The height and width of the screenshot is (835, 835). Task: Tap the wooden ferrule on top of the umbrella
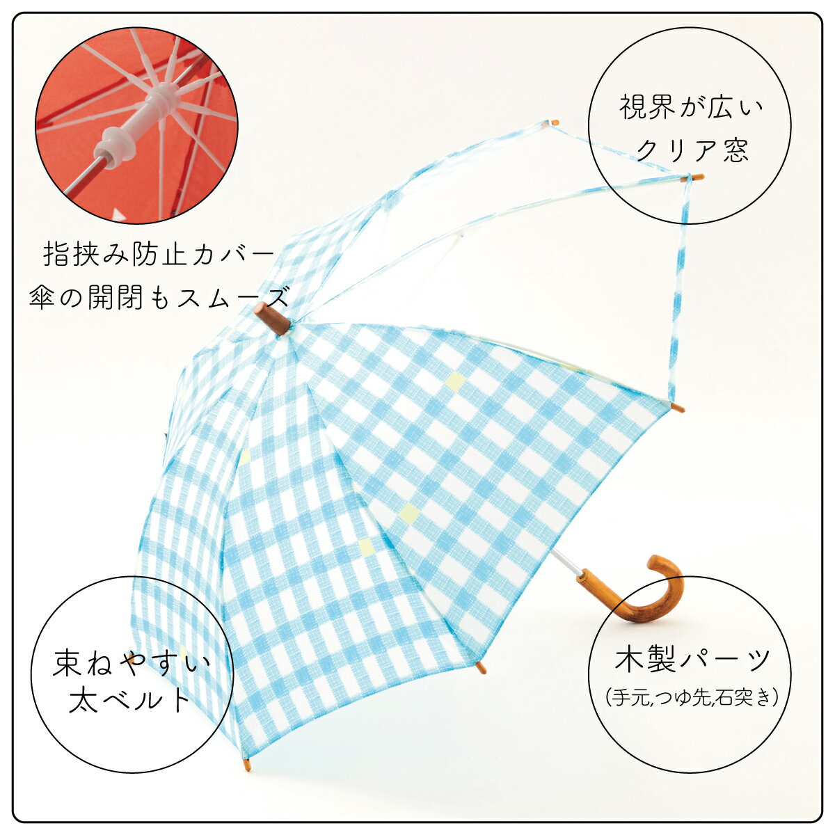[x=271, y=319]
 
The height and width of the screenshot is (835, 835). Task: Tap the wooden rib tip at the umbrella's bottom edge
[x=246, y=777]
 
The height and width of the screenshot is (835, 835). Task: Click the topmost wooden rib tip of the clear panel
[x=552, y=122]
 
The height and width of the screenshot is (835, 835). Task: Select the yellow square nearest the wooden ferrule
[x=455, y=380]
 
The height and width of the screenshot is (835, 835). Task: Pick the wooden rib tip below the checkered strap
[x=677, y=408]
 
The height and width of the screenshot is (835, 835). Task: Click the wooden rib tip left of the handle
[x=481, y=667]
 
